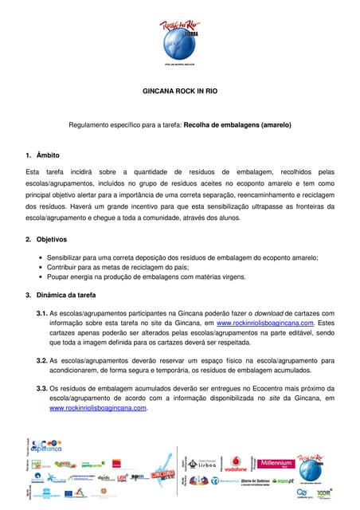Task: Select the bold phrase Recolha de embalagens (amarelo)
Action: pos(237,125)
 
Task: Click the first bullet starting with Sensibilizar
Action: pos(182,257)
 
